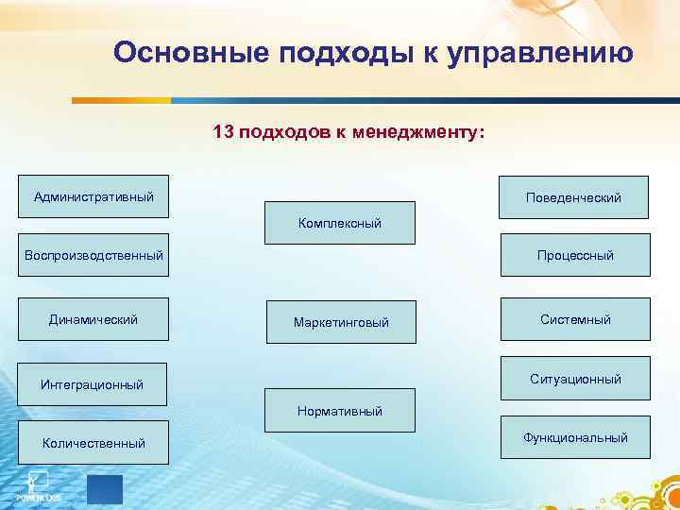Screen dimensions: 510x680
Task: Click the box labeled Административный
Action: (x=93, y=197)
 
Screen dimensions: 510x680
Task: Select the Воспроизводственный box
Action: (x=93, y=255)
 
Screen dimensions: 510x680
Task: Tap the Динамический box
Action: (x=93, y=319)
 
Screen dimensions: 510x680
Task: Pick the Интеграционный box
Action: (x=93, y=384)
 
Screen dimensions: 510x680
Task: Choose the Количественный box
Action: (x=93, y=442)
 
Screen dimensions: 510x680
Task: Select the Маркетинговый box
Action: (x=341, y=322)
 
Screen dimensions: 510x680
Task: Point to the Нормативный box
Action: (x=340, y=411)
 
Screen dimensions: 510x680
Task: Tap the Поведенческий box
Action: (x=574, y=197)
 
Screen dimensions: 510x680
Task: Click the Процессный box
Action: (x=575, y=255)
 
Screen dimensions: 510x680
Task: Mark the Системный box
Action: (x=575, y=319)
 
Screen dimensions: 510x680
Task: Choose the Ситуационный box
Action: (x=575, y=379)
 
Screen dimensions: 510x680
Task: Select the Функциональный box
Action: (x=575, y=437)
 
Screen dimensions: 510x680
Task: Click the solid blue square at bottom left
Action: (x=105, y=489)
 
